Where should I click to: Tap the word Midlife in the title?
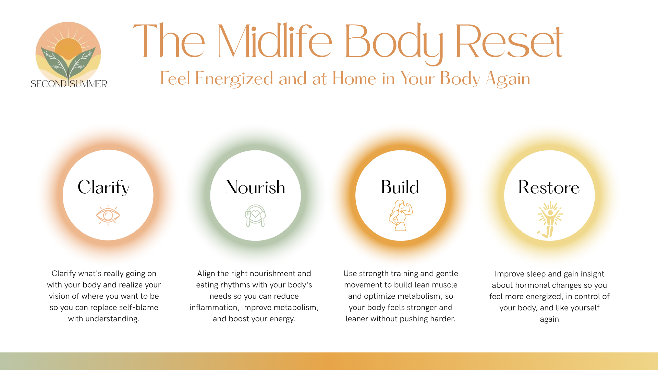pyautogui.click(x=275, y=41)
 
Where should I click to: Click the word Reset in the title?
pyautogui.click(x=509, y=41)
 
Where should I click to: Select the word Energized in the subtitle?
pyautogui.click(x=234, y=79)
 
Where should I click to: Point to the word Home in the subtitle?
pyautogui.click(x=354, y=78)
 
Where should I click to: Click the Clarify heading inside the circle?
pyautogui.click(x=103, y=187)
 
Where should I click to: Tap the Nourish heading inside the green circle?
pyautogui.click(x=255, y=187)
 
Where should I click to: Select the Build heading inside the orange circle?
pyautogui.click(x=400, y=187)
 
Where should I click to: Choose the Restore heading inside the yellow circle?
pyautogui.click(x=549, y=187)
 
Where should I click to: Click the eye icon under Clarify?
pyautogui.click(x=108, y=215)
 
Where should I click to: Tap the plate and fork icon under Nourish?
pyautogui.click(x=256, y=215)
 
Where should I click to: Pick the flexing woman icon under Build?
pyautogui.click(x=401, y=215)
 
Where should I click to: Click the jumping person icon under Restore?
pyautogui.click(x=550, y=219)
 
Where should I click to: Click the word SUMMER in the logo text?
pyautogui.click(x=88, y=84)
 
